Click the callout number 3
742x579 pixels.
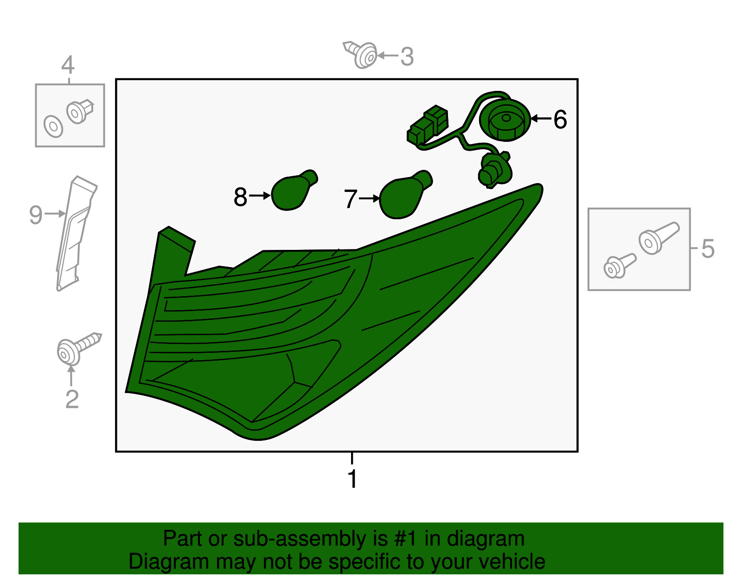tap(407, 57)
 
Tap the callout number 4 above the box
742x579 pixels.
tap(68, 65)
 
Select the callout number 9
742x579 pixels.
tap(36, 215)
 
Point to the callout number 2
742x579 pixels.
tap(72, 399)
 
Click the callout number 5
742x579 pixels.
tap(708, 248)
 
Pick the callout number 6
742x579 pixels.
tap(560, 120)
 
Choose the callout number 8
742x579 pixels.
tap(240, 197)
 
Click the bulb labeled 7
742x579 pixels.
tap(405, 195)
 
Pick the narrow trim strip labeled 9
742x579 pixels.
tap(75, 233)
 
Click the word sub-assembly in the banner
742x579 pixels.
tap(306, 539)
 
